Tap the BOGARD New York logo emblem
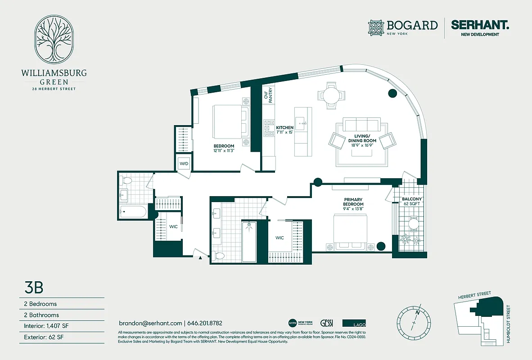(377, 27)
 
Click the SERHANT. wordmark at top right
(480, 25)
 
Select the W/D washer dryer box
(184, 164)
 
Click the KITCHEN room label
(284, 128)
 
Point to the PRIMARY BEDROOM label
(353, 202)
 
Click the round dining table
(332, 95)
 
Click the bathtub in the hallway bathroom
(133, 211)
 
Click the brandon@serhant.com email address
(150, 323)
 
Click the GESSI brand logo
(326, 323)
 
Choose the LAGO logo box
(354, 323)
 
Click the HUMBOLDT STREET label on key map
(508, 324)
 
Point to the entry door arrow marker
(200, 257)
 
